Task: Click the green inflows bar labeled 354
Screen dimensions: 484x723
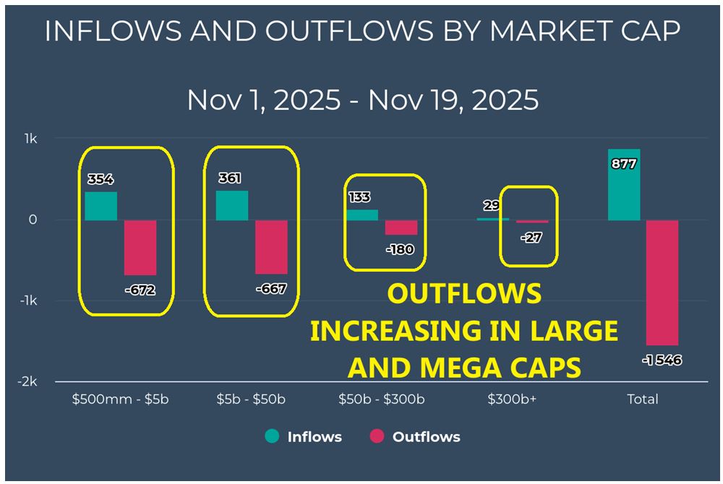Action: (x=100, y=206)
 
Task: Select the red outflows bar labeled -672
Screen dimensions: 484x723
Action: (x=140, y=247)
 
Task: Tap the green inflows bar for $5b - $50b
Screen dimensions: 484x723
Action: (x=231, y=205)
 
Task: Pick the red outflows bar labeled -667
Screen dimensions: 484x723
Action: (x=271, y=247)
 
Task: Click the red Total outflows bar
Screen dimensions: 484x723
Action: (x=662, y=282)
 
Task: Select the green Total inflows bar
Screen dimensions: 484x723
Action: (x=623, y=185)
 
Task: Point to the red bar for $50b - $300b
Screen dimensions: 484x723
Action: (x=401, y=228)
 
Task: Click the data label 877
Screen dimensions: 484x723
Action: (x=623, y=164)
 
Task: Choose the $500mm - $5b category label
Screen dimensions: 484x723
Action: (x=120, y=399)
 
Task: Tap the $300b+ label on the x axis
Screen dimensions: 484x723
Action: (x=512, y=399)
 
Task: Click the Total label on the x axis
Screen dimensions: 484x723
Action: (x=643, y=399)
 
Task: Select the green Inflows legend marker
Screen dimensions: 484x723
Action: (x=272, y=436)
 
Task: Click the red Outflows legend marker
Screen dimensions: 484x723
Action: (x=377, y=436)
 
